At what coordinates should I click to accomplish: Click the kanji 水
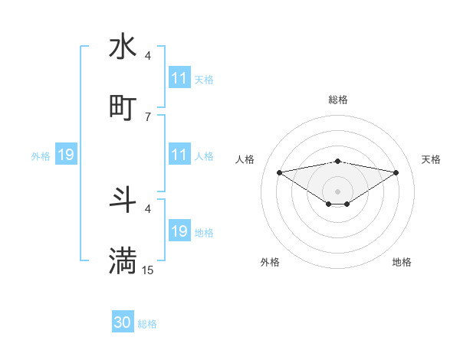123,46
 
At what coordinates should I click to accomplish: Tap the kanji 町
123,107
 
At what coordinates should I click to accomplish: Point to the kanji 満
123,260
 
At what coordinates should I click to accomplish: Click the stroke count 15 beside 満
148,270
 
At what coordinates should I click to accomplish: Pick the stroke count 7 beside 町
147,116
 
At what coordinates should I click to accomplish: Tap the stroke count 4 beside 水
147,55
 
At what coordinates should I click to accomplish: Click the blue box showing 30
123,322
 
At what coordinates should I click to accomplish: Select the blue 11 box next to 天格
179,78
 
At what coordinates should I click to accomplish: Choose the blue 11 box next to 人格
179,155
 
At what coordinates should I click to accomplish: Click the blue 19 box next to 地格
179,231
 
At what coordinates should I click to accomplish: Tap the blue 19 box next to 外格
66,155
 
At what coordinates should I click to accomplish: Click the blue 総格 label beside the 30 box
147,324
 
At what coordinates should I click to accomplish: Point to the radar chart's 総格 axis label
337,100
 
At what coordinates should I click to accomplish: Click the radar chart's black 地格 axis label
402,262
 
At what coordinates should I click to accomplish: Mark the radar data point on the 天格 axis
396,172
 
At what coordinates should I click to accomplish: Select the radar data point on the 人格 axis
279,172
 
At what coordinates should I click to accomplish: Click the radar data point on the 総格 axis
337,161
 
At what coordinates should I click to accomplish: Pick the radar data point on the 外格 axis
329,203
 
